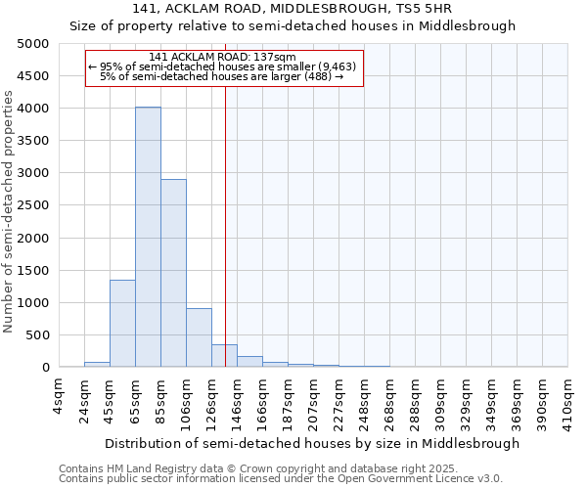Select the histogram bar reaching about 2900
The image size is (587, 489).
coord(173,273)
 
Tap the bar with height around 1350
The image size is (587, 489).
coord(122,323)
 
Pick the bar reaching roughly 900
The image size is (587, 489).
coord(199,337)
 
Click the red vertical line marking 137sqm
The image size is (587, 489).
coord(225,225)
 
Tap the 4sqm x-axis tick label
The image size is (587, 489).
coord(59,395)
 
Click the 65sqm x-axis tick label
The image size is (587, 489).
coord(135,395)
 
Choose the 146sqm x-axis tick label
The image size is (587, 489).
coord(237,395)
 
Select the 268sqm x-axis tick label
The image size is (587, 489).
coord(389,395)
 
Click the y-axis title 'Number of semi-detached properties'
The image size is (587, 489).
coord(10,211)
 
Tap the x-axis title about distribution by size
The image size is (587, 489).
coord(312,443)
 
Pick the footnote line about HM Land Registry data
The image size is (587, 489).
coord(251,468)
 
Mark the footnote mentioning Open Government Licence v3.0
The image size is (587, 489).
coord(281,479)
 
